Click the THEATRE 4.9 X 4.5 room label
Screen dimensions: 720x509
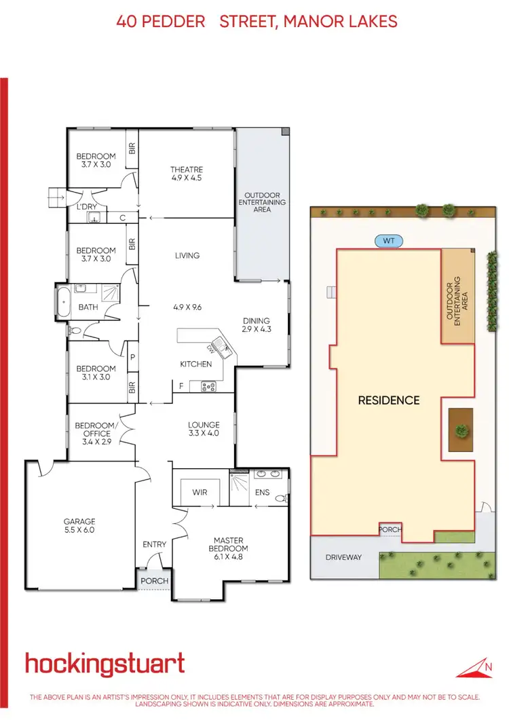(187, 174)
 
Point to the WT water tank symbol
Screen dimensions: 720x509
(389, 241)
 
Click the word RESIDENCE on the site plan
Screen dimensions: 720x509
(389, 400)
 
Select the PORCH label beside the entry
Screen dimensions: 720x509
(155, 581)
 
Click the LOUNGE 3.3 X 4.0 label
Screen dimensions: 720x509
(204, 430)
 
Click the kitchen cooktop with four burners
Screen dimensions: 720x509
(208, 387)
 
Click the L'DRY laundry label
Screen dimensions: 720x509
(88, 206)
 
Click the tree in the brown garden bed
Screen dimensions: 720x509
(461, 430)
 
